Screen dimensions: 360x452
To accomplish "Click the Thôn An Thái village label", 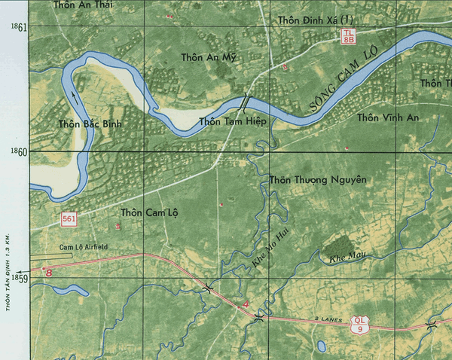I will [84, 5].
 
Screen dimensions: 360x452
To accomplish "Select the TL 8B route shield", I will [348, 35].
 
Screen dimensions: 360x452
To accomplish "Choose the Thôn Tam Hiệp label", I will [231, 121].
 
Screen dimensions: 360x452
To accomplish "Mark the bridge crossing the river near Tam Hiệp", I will [246, 103].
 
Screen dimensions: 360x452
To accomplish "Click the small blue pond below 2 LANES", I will [321, 346].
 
